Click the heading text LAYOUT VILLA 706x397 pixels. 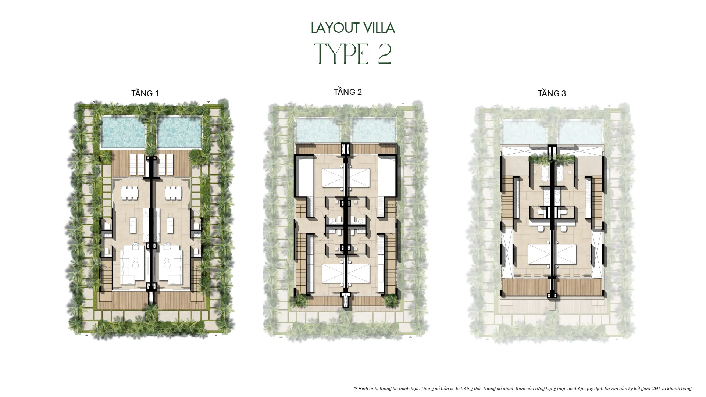click(353, 28)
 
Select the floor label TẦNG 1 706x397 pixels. click(145, 93)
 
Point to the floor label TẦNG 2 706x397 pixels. click(348, 92)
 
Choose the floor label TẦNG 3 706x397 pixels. click(552, 93)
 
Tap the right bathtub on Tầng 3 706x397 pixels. click(561, 174)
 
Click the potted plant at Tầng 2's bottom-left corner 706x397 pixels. click(299, 300)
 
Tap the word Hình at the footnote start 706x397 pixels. click(363, 388)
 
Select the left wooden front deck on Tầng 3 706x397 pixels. click(525, 288)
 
